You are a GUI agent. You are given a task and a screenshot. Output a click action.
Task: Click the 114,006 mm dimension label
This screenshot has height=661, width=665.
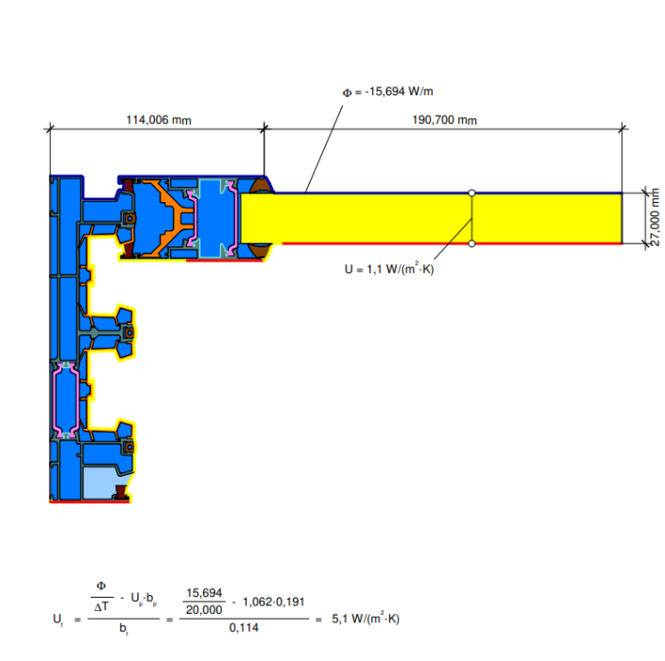pos(159,120)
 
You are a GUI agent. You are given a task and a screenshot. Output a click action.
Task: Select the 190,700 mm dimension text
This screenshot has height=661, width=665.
pos(445,120)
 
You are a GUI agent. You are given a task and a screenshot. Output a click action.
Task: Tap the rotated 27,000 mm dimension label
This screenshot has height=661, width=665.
pos(656,217)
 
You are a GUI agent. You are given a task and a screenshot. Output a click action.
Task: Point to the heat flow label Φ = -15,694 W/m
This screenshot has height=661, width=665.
pos(387,92)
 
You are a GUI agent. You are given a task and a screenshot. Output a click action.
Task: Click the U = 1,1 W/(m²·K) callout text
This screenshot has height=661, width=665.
pos(389,269)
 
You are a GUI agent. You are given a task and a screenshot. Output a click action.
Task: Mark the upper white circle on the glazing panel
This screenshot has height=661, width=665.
pos(471,193)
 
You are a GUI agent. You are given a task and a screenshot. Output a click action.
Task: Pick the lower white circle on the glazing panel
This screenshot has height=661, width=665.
pos(471,244)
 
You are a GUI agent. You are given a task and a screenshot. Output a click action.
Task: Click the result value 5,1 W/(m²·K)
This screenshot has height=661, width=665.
pos(366,619)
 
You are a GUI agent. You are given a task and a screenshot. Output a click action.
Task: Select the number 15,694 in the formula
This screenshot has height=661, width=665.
pos(204,593)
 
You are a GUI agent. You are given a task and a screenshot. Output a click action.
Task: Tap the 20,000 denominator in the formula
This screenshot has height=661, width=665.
pos(204,610)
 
